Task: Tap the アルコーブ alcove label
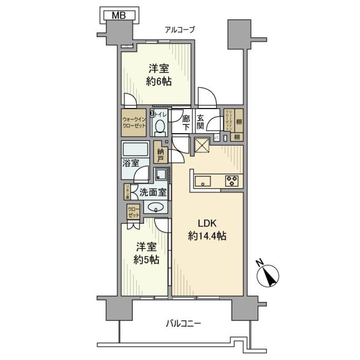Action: tap(180, 30)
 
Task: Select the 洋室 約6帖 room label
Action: tap(159, 75)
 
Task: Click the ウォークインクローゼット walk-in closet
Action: tap(134, 122)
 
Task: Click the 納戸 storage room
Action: tap(160, 153)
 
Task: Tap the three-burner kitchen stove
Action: tap(231, 181)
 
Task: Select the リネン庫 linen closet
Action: tap(127, 192)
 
